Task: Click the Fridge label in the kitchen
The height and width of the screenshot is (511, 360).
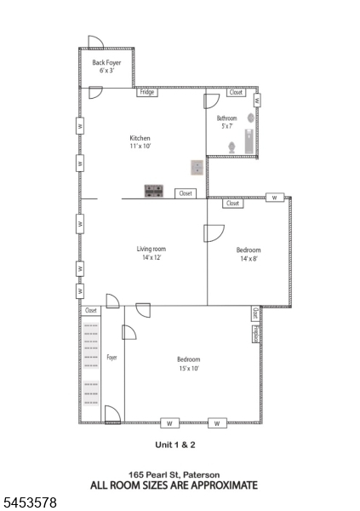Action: tap(147, 92)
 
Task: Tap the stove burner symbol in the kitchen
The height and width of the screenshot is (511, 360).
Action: tap(154, 191)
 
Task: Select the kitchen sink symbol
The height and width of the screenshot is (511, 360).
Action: tap(197, 168)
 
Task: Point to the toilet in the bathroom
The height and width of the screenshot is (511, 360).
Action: tap(232, 147)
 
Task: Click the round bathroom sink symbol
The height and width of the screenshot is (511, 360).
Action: tap(251, 118)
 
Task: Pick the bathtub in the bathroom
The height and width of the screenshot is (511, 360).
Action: tap(249, 141)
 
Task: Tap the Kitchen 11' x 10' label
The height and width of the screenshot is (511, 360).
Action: tap(140, 141)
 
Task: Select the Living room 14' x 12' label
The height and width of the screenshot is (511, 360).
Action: tap(151, 253)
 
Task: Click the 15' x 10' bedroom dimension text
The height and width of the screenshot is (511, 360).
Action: tap(189, 369)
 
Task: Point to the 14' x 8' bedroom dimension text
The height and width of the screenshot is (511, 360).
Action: tap(249, 259)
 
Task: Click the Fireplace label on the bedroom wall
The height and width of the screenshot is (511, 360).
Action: tap(256, 334)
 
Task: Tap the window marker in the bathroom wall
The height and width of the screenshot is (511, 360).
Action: tap(257, 100)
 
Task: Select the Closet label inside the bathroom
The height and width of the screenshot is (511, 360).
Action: tap(236, 92)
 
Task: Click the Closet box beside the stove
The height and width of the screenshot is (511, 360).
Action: tap(186, 193)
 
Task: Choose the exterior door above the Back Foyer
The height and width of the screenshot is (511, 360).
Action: tap(96, 42)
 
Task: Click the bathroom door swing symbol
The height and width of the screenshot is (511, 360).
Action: tap(211, 101)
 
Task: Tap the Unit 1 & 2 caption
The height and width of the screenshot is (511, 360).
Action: tap(175, 445)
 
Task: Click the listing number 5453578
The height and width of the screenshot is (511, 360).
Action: tap(30, 502)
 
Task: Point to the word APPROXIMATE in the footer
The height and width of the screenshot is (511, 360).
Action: tap(225, 485)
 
